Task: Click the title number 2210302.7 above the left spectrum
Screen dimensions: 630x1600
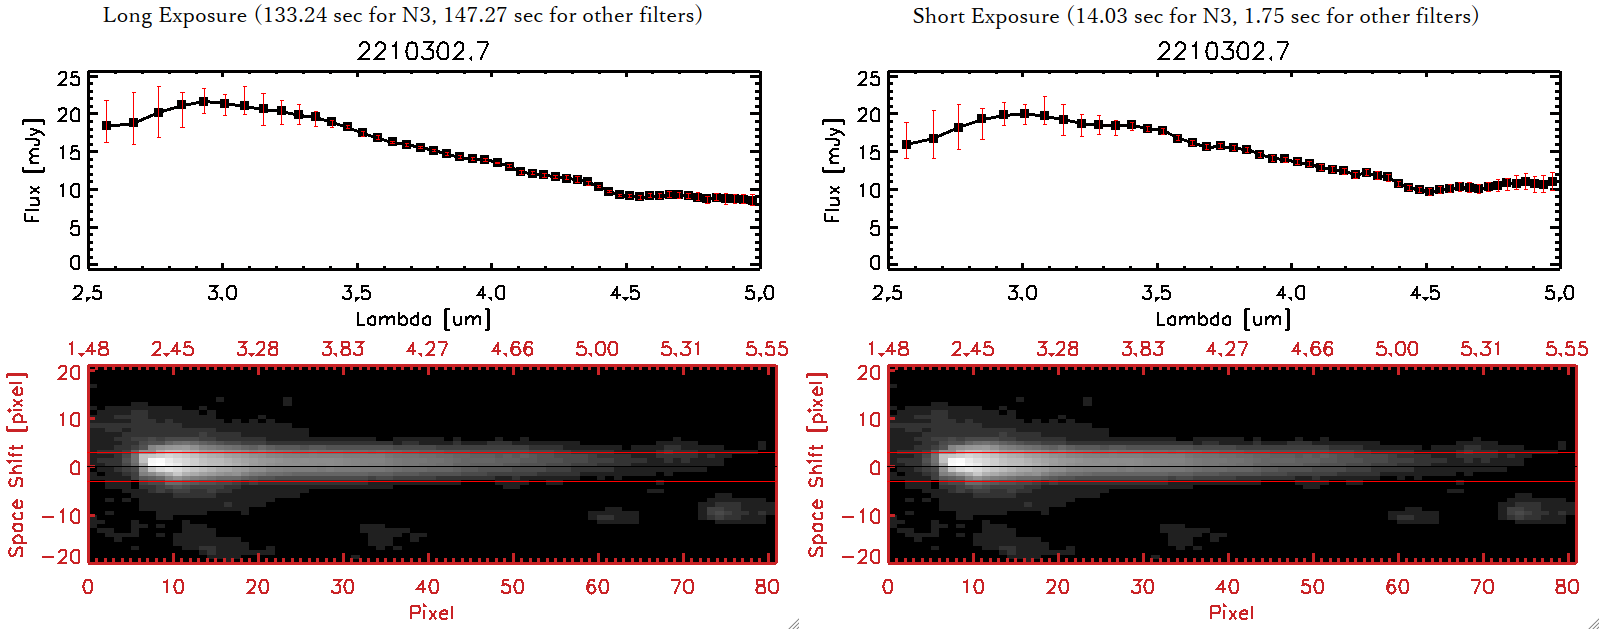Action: coord(423,51)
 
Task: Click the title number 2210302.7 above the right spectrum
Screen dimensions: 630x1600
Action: coord(1223,51)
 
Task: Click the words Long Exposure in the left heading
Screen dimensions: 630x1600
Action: coord(175,15)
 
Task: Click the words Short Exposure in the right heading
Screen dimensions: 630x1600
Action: coord(985,16)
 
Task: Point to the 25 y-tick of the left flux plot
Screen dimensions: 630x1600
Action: coord(69,78)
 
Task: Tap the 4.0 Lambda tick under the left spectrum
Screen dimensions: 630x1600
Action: coord(490,293)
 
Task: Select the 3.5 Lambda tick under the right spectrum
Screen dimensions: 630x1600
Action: coord(1156,293)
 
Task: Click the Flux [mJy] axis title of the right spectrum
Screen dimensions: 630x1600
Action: coord(832,170)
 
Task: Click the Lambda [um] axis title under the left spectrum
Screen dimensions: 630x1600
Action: coord(423,319)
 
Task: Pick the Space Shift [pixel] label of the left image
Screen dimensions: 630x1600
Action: coord(16,465)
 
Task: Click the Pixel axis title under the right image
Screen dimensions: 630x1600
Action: coord(1231,612)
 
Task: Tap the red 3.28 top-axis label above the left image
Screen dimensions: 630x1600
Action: coord(257,349)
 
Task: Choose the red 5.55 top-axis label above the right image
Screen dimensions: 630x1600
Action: coord(1566,349)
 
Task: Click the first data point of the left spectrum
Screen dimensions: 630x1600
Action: coord(107,126)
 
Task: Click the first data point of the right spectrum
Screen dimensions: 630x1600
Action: coord(907,145)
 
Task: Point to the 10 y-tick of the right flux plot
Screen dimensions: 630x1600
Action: coord(869,190)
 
